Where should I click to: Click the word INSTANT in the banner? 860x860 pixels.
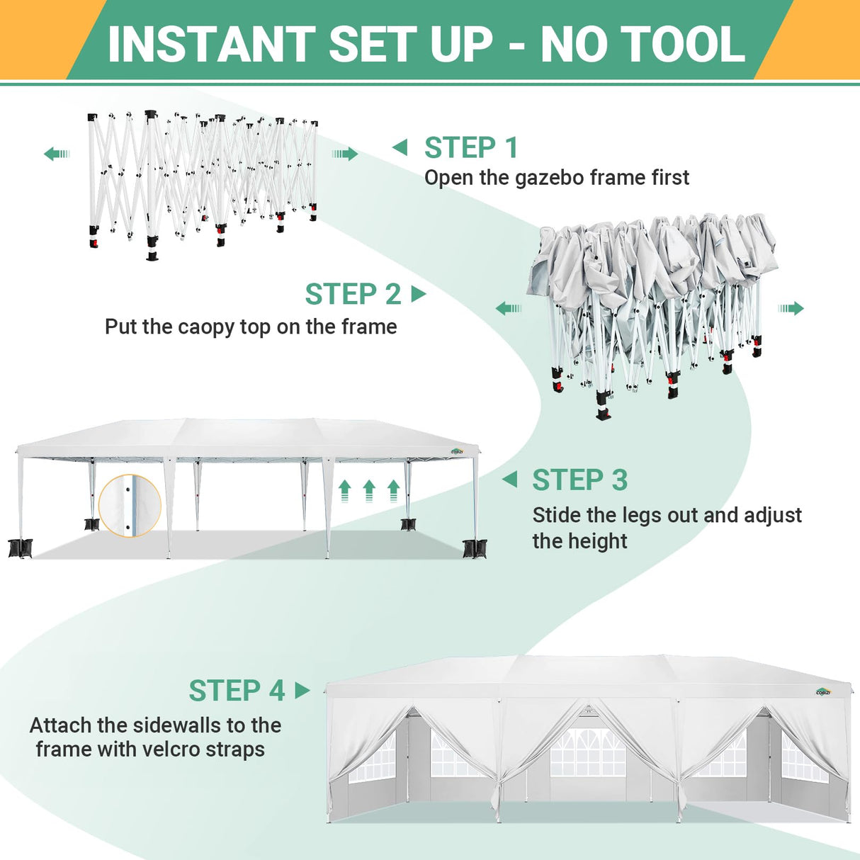pyautogui.click(x=211, y=44)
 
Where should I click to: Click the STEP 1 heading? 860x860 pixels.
pyautogui.click(x=471, y=148)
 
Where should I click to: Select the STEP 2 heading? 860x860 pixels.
pyautogui.click(x=353, y=294)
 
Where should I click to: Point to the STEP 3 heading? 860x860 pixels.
pyautogui.click(x=579, y=480)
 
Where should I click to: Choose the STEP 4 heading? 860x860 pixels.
pyautogui.click(x=237, y=691)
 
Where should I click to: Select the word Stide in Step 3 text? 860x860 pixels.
pyautogui.click(x=557, y=515)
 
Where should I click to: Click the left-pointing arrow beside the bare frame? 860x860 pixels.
pyautogui.click(x=57, y=154)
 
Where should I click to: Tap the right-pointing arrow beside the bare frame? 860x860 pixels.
pyautogui.click(x=345, y=154)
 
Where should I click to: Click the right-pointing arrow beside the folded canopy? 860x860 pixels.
pyautogui.click(x=791, y=308)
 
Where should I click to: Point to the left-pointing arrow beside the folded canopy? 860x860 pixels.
pyautogui.click(x=509, y=308)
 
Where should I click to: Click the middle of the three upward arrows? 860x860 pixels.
pyautogui.click(x=369, y=490)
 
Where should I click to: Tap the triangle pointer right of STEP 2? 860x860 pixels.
pyautogui.click(x=419, y=293)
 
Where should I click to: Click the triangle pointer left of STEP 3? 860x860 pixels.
pyautogui.click(x=510, y=480)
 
